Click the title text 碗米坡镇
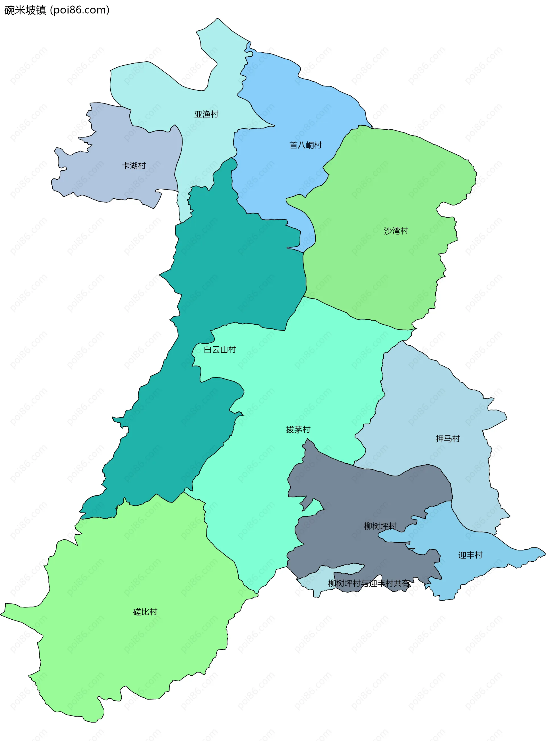point(25,10)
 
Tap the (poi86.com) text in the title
point(80,10)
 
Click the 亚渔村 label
point(206,114)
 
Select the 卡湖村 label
point(134,165)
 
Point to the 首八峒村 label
point(305,145)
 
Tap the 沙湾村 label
point(396,231)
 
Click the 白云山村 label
point(220,350)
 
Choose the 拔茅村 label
point(298,429)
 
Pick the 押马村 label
point(448,439)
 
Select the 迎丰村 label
point(470,555)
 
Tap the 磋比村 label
point(145,612)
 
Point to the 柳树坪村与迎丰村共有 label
point(369,584)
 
